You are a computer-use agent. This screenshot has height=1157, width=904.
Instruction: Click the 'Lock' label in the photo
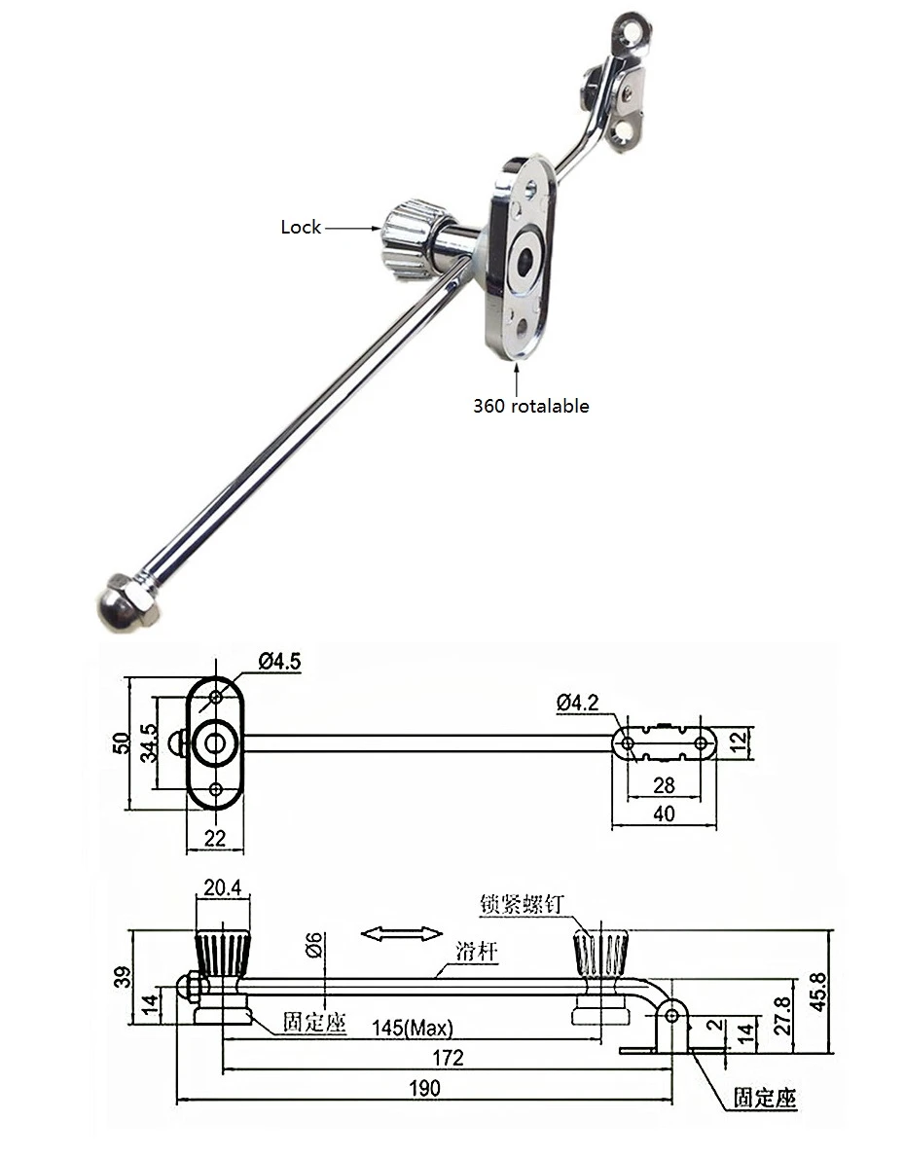pyautogui.click(x=300, y=227)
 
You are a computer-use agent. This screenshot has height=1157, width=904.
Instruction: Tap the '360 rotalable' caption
pyautogui.click(x=530, y=406)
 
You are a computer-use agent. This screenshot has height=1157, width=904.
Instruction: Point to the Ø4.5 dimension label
pyautogui.click(x=279, y=663)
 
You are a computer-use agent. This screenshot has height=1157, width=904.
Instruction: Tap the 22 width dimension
pyautogui.click(x=215, y=838)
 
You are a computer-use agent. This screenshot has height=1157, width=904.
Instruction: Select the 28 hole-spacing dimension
pyautogui.click(x=664, y=784)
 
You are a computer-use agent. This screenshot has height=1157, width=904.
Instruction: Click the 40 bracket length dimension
pyautogui.click(x=664, y=814)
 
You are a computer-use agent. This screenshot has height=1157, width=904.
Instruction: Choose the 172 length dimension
pyautogui.click(x=448, y=1058)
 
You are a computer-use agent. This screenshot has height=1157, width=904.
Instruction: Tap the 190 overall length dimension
pyautogui.click(x=424, y=1088)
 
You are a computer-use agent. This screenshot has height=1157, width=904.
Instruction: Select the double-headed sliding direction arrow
pyautogui.click(x=401, y=934)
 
